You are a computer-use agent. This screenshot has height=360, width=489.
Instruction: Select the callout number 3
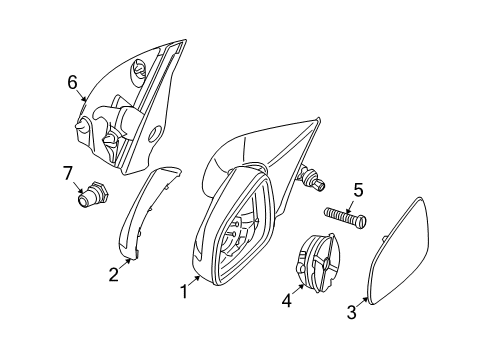[x=351, y=313]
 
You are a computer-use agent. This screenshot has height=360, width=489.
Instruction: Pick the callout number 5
[x=357, y=190]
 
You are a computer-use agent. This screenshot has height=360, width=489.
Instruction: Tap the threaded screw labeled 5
[x=345, y=217]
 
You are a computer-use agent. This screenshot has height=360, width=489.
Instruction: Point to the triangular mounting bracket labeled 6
[x=130, y=110]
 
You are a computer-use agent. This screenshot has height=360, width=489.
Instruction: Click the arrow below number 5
[x=355, y=203]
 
